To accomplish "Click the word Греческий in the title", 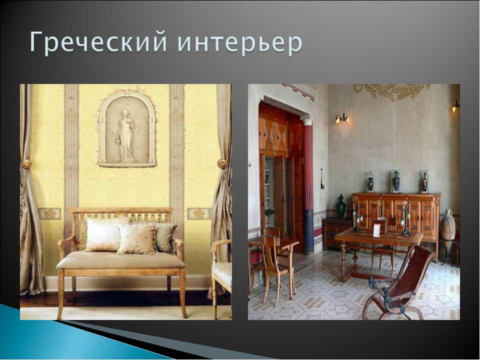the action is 98,42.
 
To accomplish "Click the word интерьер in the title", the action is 239,43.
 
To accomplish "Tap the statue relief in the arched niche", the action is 125,135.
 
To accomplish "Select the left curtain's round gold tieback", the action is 26,164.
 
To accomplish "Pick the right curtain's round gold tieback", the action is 222,164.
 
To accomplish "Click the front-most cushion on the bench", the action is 136,239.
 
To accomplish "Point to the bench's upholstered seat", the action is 121,260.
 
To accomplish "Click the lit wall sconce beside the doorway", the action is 342,118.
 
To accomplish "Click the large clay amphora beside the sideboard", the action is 448,225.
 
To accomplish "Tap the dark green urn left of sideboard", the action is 341,206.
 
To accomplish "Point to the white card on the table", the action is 376,230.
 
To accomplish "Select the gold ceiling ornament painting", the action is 392,91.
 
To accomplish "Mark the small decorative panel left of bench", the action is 50,213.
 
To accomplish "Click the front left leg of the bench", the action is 60,294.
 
